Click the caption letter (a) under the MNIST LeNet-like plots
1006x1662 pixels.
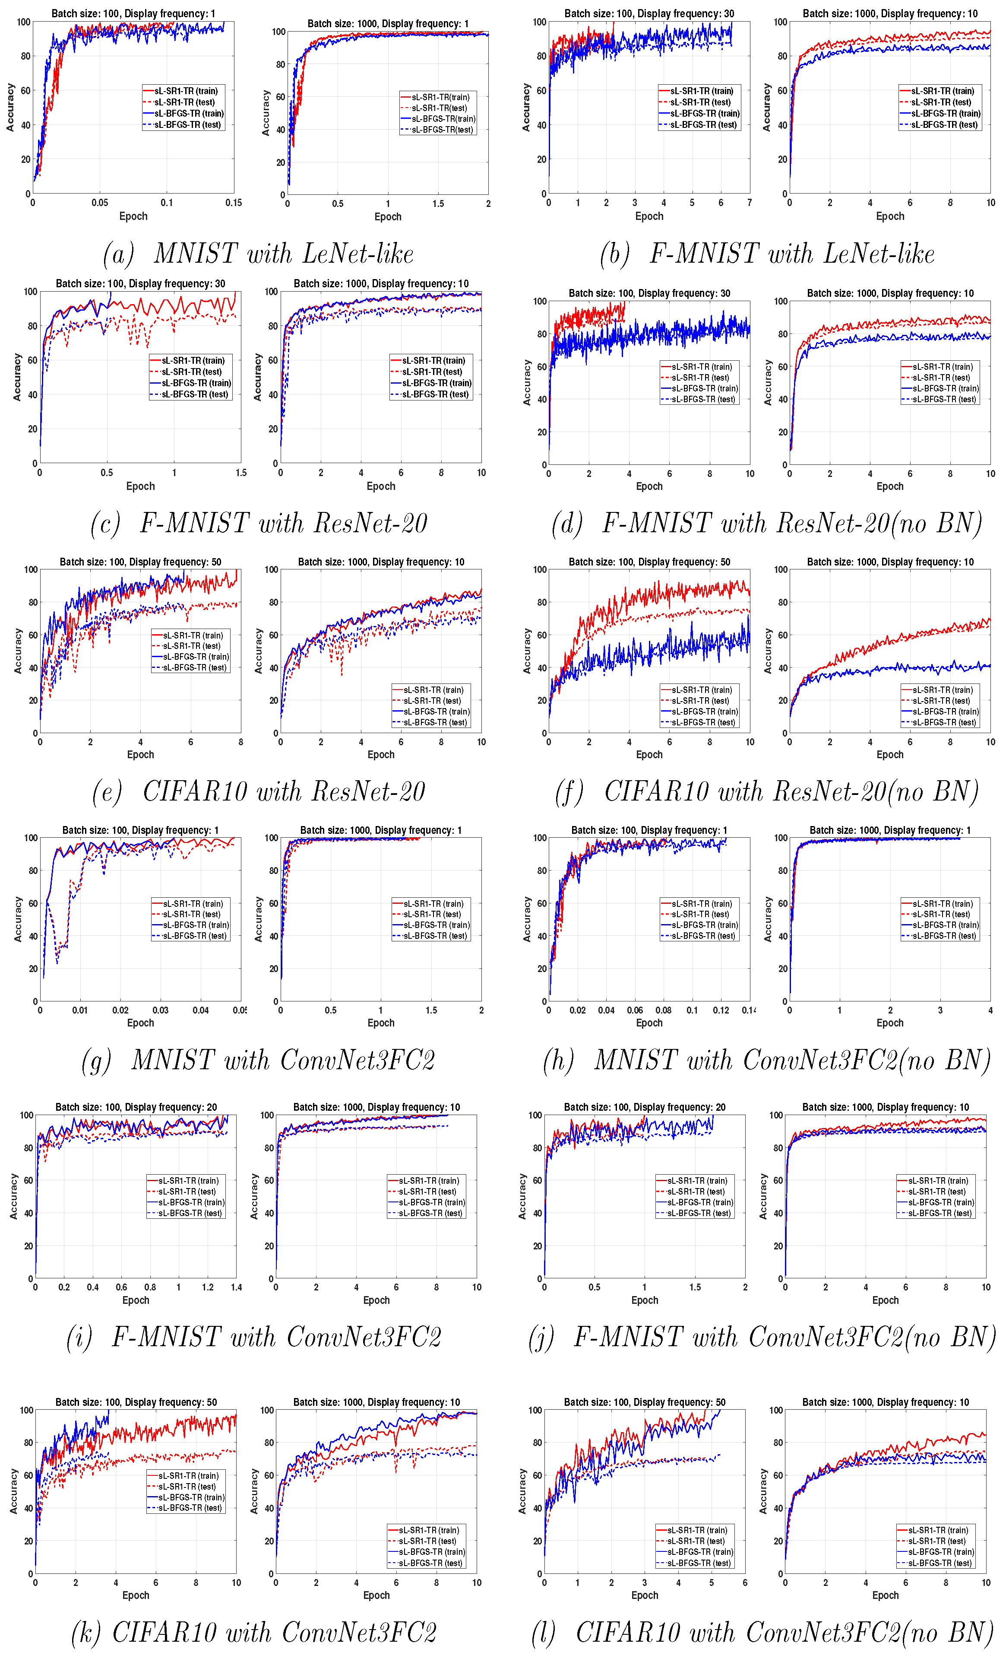[x=119, y=255]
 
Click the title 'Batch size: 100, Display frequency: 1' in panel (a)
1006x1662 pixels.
[x=133, y=13]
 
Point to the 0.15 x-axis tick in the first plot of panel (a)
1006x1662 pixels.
[x=233, y=202]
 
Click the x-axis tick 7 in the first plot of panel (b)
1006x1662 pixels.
[x=749, y=202]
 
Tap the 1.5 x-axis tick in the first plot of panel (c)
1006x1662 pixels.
[x=241, y=473]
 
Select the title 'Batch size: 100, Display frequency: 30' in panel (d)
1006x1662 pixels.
[x=649, y=293]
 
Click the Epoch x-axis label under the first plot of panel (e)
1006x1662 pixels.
[x=140, y=755]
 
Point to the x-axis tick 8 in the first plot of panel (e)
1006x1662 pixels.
[x=241, y=742]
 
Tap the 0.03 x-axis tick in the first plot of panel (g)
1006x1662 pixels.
[x=161, y=1011]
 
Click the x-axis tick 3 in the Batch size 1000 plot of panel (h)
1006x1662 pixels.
[x=940, y=1011]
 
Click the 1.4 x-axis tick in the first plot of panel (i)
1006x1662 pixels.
[x=236, y=1287]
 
